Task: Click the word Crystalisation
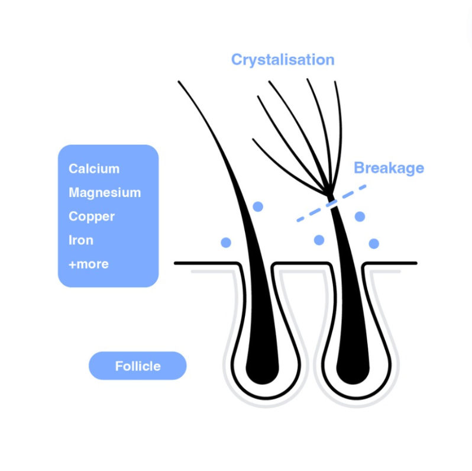(282, 60)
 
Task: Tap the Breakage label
(389, 168)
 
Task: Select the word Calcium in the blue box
(94, 169)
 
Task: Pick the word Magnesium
(105, 193)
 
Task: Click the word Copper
(92, 217)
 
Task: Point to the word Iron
(81, 240)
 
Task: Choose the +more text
(89, 264)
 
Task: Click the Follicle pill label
(137, 366)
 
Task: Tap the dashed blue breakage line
(331, 203)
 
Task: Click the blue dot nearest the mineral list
(226, 243)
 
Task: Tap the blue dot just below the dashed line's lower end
(319, 240)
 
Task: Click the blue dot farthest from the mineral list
(374, 243)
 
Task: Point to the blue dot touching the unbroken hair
(258, 207)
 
